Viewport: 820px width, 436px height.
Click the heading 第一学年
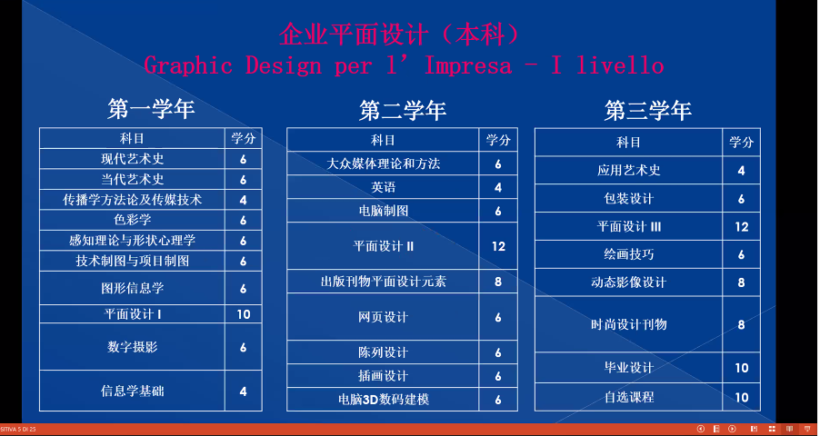click(x=151, y=110)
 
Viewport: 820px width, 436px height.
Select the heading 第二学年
click(x=402, y=111)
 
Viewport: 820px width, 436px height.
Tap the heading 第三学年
click(x=647, y=111)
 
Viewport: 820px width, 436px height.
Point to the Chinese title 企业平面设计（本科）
click(x=399, y=35)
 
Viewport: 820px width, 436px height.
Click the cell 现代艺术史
click(x=132, y=159)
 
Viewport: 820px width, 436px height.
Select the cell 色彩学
click(x=132, y=220)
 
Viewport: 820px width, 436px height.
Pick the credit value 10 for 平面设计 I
click(x=243, y=314)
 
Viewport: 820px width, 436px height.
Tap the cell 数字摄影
click(x=132, y=347)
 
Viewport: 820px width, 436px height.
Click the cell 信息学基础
click(x=132, y=391)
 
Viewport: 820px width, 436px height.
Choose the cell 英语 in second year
click(x=383, y=187)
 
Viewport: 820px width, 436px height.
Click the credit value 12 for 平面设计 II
click(x=498, y=246)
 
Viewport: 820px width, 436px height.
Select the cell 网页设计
click(x=383, y=317)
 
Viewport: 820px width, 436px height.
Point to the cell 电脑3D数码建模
click(x=383, y=399)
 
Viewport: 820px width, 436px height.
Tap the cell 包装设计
click(x=628, y=199)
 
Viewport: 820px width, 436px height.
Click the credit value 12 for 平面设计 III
click(x=742, y=227)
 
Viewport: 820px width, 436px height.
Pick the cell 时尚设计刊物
click(x=628, y=324)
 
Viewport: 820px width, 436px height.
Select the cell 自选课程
click(x=628, y=397)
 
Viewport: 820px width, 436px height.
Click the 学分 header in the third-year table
click(x=742, y=143)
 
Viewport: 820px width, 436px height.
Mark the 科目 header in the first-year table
click(x=132, y=139)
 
